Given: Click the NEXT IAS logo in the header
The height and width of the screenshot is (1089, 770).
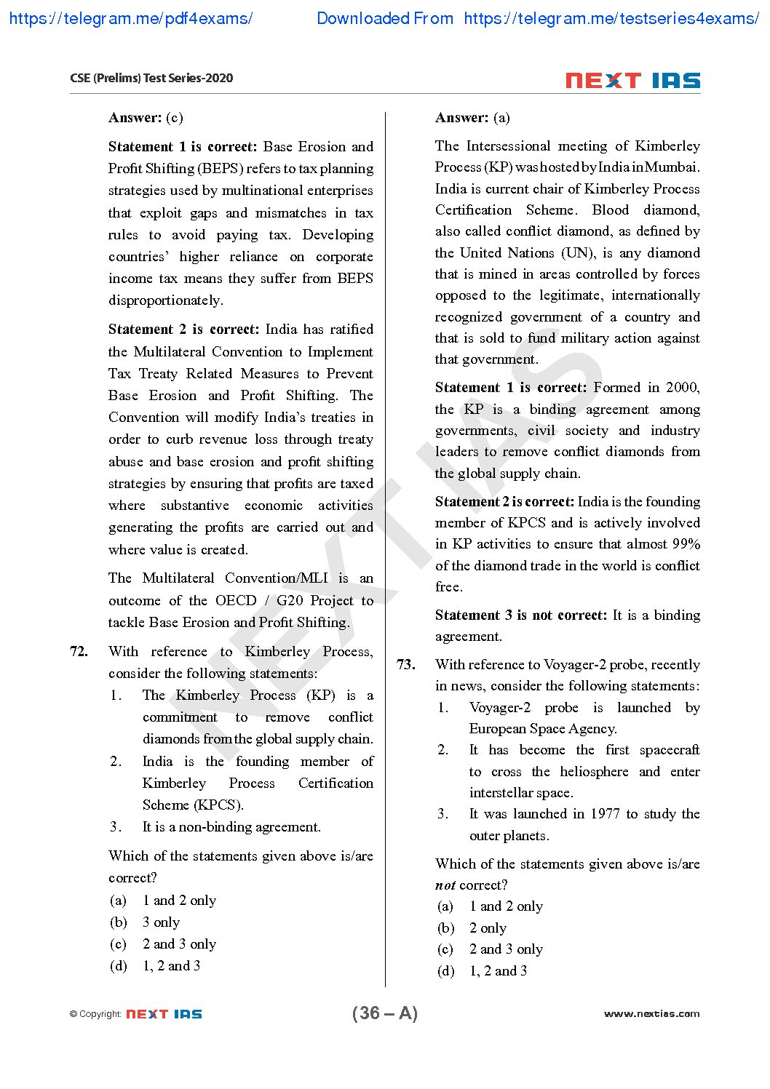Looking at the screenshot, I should pos(632,81).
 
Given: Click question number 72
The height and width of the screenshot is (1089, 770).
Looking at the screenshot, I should pos(79,651).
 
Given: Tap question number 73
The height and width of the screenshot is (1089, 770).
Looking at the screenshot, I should pos(405,664).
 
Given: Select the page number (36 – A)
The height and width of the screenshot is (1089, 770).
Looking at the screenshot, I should pos(384,1013).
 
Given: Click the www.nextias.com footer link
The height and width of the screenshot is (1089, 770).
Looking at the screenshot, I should pos(651,1013).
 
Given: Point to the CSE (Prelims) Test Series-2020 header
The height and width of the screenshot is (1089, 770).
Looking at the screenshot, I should pos(151,78).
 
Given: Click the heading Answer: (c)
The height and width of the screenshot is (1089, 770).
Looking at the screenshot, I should pos(146,117).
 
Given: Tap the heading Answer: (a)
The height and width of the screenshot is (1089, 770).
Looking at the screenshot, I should pos(472,117).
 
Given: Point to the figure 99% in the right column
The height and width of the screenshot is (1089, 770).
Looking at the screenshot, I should pos(686,543).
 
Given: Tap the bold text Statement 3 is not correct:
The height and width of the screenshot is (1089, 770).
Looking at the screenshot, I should pos(520,615).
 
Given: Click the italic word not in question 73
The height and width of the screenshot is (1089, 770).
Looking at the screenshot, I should pos(445,885).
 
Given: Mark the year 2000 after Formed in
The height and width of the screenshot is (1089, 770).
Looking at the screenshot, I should pos(683,387).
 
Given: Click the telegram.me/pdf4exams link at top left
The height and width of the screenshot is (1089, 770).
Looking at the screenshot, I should pos(131,18).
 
